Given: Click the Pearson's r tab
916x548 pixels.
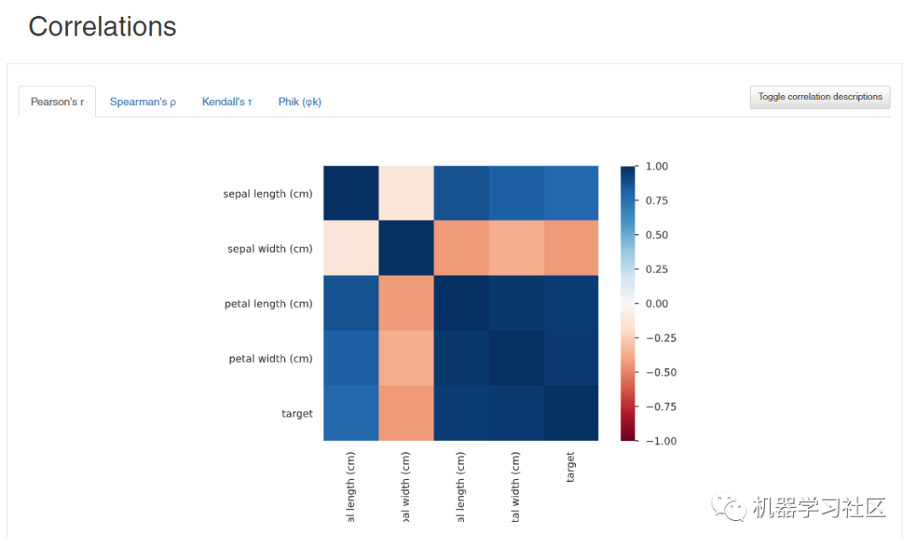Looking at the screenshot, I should click(57, 102).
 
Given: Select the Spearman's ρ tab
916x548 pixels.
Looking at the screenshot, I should click(142, 102).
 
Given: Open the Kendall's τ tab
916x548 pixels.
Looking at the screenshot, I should click(226, 102).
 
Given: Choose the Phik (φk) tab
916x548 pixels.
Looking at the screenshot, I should click(299, 102).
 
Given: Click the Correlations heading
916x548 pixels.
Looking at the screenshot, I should click(102, 26).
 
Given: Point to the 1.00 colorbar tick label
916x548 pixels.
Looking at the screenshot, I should click(656, 166).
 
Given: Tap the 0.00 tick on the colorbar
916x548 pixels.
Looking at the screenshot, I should click(656, 304).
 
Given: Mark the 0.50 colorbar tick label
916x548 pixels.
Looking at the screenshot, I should click(656, 235).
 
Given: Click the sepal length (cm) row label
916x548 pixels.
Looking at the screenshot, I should click(267, 193).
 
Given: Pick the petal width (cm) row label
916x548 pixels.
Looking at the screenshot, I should click(270, 359).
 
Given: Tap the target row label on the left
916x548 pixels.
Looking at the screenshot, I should click(297, 414).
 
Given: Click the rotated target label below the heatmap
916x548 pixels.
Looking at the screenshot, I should click(570, 467).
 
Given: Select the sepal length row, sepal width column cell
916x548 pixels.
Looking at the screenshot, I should click(405, 193).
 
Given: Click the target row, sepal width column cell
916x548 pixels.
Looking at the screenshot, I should click(405, 414).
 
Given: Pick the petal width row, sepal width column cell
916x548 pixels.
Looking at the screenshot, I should click(405, 359).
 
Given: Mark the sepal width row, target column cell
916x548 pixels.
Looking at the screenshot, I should click(570, 249).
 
